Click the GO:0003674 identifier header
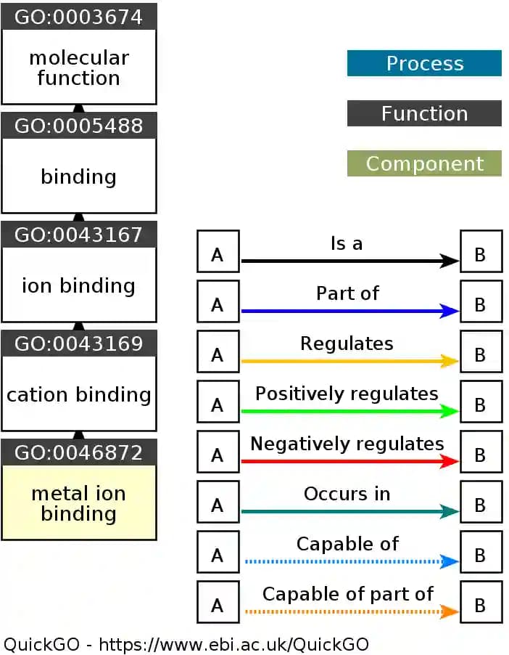point(78,17)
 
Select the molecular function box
point(78,68)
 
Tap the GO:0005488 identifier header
point(78,125)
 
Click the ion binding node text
point(78,285)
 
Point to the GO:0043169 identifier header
point(78,343)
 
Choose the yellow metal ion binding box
point(78,503)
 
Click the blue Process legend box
point(424,63)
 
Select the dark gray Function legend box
point(424,113)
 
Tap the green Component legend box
point(424,163)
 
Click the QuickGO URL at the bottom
point(233,644)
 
